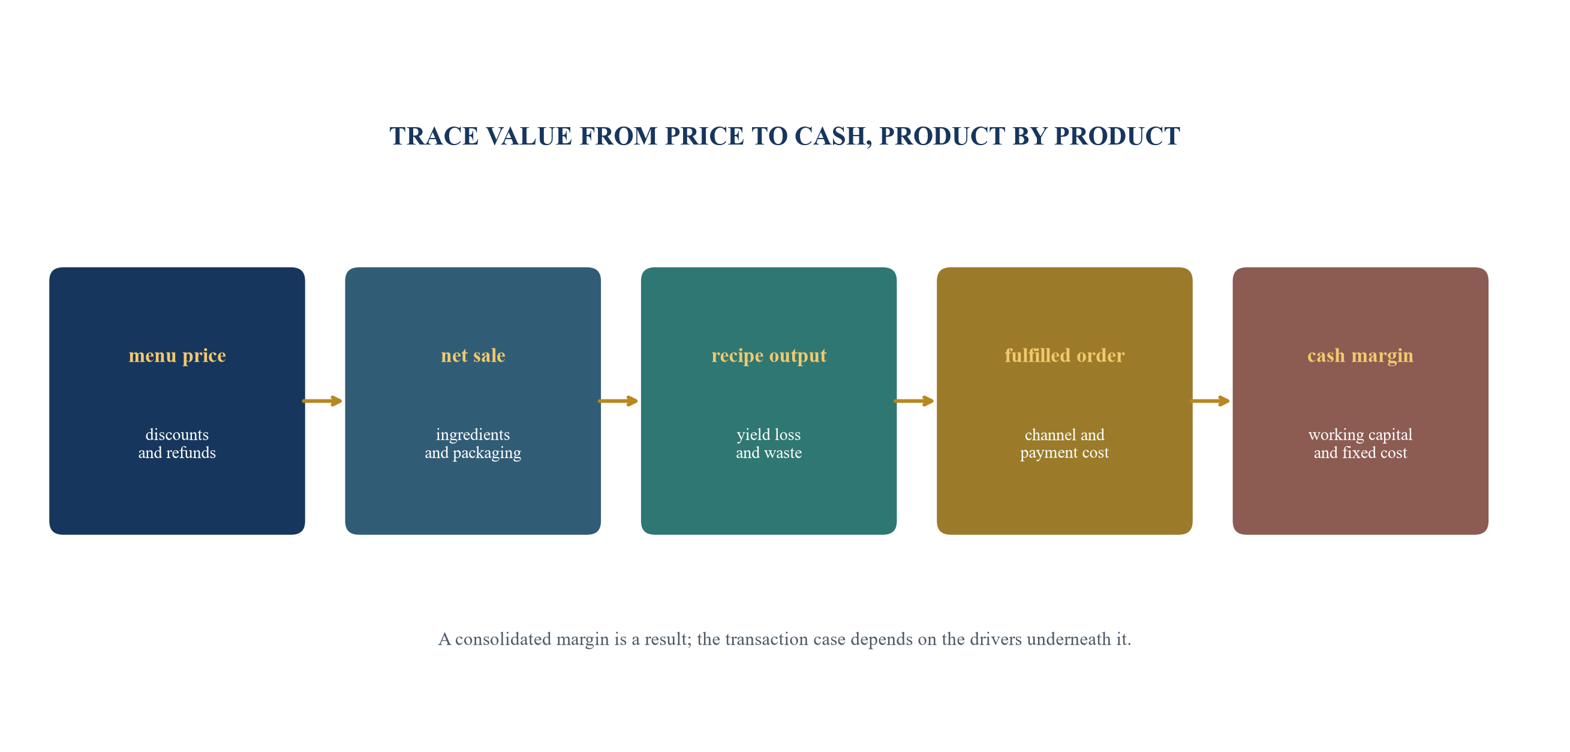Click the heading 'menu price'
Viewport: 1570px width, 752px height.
(x=177, y=355)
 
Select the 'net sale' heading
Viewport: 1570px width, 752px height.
(x=473, y=355)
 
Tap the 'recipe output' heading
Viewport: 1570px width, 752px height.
(x=769, y=355)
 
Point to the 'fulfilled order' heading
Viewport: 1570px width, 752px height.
(x=1064, y=355)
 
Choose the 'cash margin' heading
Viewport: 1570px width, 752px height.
(x=1360, y=355)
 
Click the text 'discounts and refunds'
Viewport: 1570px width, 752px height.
(x=177, y=444)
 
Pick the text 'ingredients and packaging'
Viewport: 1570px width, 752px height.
(x=473, y=444)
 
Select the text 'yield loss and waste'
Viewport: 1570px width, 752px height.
(x=769, y=444)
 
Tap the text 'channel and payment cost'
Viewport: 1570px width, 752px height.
(x=1064, y=444)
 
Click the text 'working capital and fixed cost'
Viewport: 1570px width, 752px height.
(x=1360, y=444)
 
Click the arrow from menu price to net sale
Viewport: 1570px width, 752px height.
(x=323, y=401)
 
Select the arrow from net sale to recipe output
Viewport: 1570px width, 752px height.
(x=618, y=401)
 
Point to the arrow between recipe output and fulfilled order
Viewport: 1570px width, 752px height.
(x=913, y=401)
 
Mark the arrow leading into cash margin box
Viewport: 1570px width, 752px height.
(x=1210, y=401)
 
